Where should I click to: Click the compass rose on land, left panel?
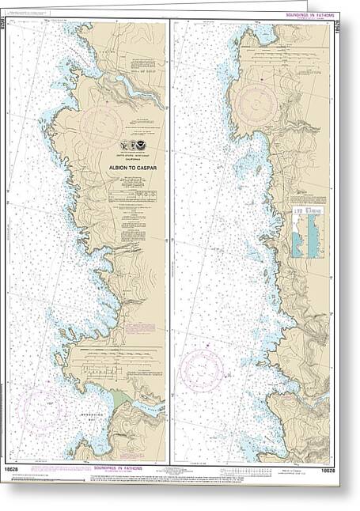[x=101, y=125]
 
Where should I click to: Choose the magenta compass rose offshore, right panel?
[x=202, y=369]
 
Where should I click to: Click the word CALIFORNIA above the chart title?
[x=131, y=161]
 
